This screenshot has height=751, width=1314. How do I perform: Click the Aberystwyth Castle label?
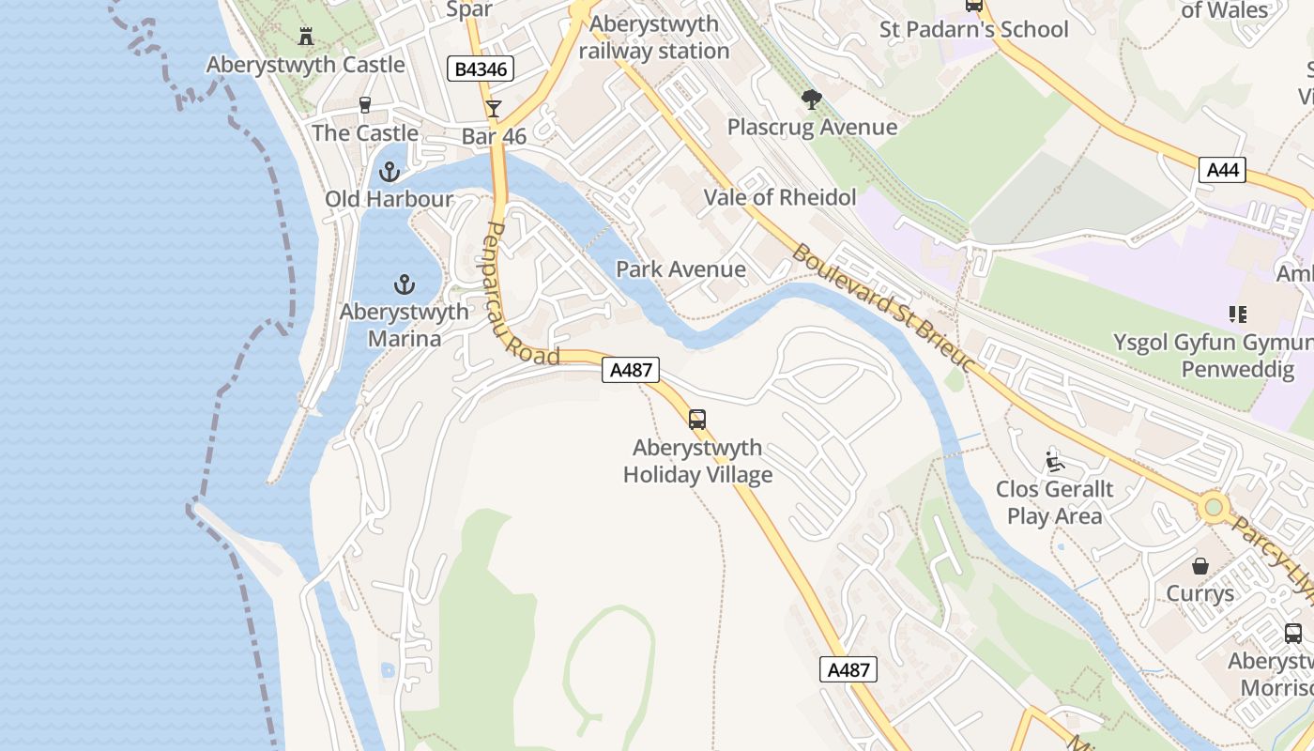click(x=306, y=65)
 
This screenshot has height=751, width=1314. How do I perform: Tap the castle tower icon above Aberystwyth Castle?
click(x=305, y=37)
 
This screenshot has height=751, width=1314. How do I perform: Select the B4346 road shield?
click(x=481, y=69)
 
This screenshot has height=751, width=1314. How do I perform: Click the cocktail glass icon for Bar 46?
click(x=494, y=109)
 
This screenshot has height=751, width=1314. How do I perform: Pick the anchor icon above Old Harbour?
click(x=389, y=172)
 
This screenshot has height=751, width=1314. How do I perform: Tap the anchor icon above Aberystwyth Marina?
click(x=404, y=284)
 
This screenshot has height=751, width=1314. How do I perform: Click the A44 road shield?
click(x=1222, y=170)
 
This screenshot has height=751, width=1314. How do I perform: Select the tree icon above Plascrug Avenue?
click(x=812, y=100)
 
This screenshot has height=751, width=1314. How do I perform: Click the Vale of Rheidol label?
click(x=780, y=197)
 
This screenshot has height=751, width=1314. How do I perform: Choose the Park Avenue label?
click(x=680, y=269)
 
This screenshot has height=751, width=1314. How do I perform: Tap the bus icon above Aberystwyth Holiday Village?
click(x=696, y=420)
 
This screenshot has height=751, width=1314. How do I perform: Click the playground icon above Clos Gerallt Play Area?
click(x=1054, y=462)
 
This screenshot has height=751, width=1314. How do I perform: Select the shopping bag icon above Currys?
click(x=1199, y=566)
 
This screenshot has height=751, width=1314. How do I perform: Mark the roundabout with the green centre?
click(x=1214, y=508)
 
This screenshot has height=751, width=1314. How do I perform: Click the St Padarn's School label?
click(x=973, y=30)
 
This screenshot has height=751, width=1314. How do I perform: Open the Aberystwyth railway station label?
click(x=654, y=38)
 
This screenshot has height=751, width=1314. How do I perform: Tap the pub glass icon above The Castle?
click(x=365, y=105)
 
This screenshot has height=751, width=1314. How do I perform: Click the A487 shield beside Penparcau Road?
click(x=631, y=370)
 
